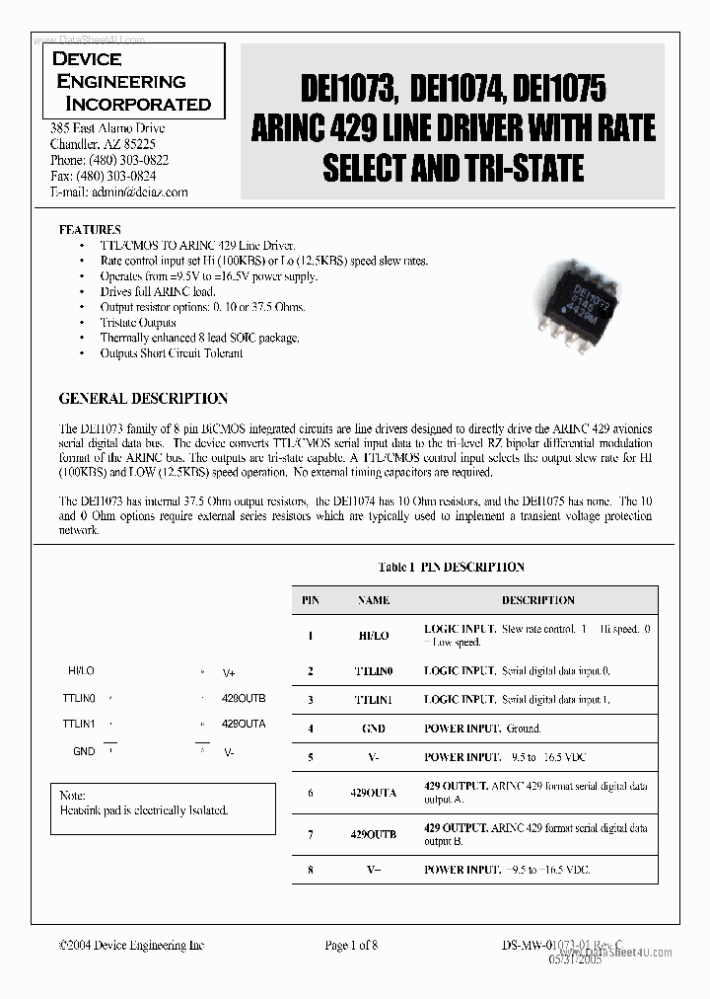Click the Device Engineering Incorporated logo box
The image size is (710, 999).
click(133, 81)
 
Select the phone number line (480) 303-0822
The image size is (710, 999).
click(108, 160)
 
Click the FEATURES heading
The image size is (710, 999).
click(90, 229)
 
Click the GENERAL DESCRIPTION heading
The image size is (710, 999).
click(143, 399)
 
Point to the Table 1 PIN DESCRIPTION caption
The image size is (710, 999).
click(451, 567)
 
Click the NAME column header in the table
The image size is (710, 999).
click(374, 600)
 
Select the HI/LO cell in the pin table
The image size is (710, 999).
click(374, 636)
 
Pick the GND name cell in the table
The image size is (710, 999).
click(374, 729)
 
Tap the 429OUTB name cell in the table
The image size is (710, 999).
click(374, 834)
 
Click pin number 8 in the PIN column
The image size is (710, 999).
click(310, 870)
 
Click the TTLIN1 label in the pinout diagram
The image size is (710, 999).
click(79, 724)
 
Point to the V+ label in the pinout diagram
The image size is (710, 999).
click(229, 672)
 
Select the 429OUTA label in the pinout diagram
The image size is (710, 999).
click(244, 724)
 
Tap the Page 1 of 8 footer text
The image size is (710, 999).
click(351, 946)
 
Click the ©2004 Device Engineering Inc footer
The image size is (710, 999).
click(131, 946)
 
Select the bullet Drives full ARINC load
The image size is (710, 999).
click(158, 292)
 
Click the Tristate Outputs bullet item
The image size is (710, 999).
click(138, 323)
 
